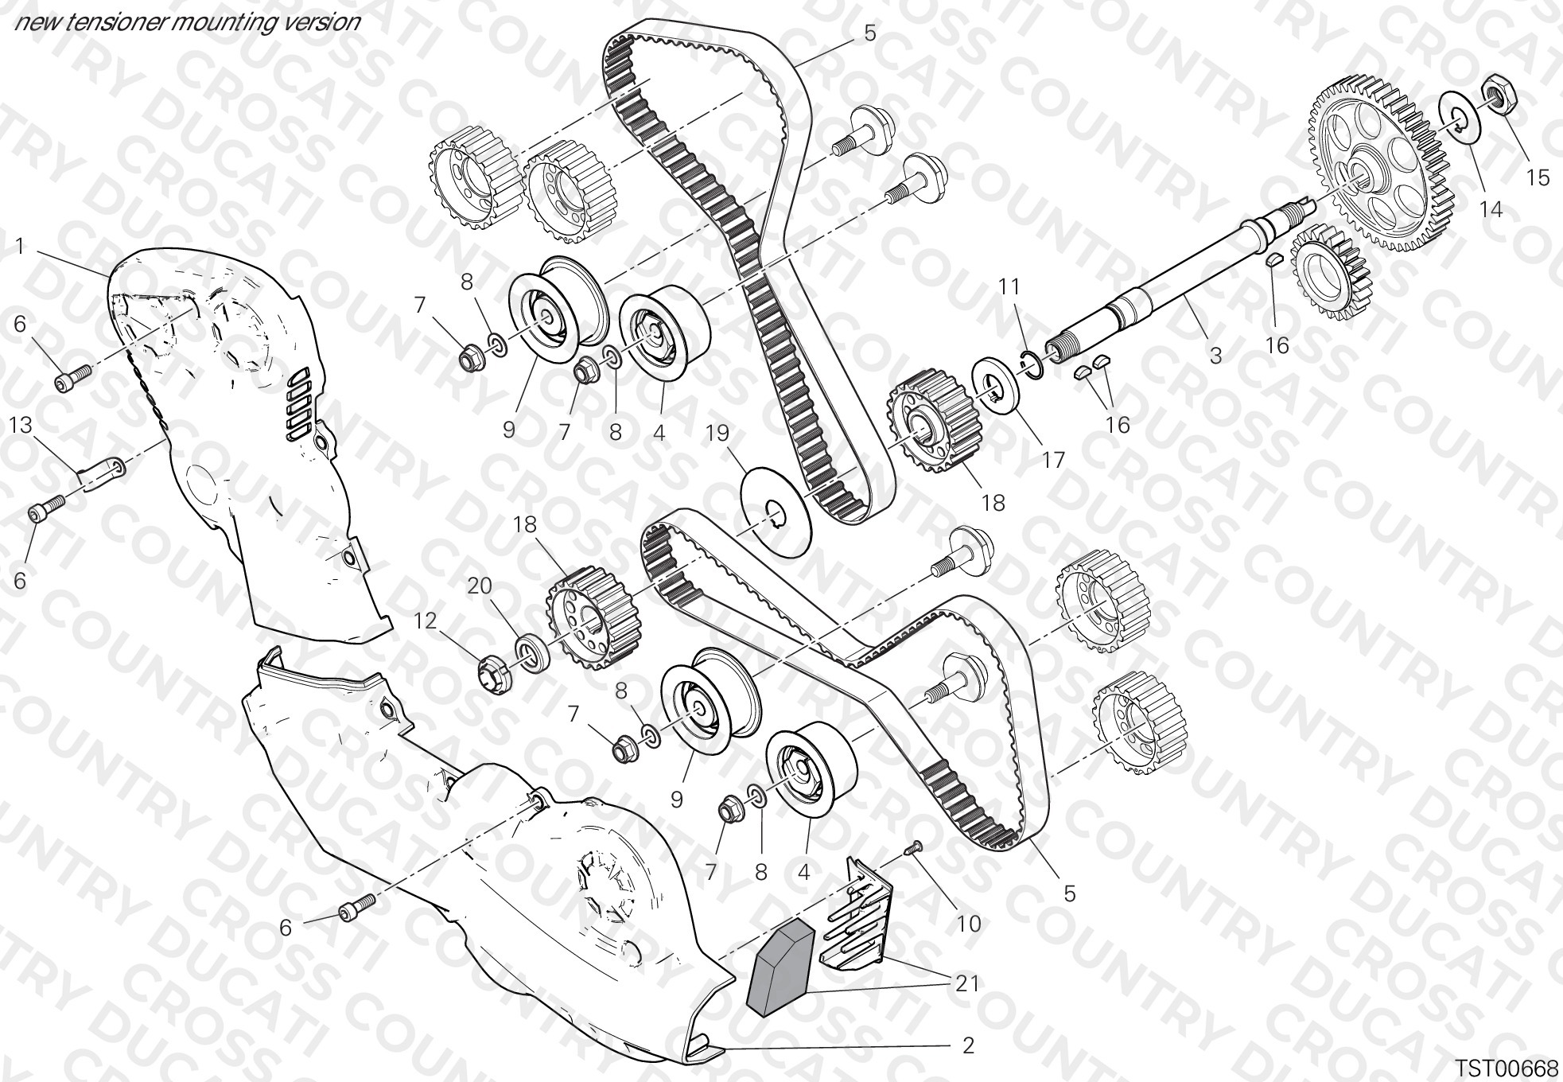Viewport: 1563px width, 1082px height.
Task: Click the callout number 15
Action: click(x=1538, y=177)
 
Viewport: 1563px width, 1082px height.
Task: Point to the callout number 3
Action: click(x=1215, y=355)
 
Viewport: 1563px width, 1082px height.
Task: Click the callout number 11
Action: click(x=1009, y=286)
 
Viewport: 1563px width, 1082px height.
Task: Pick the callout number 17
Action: click(x=1052, y=460)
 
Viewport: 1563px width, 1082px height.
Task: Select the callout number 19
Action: click(x=717, y=433)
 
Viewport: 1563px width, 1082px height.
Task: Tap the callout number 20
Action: click(x=480, y=586)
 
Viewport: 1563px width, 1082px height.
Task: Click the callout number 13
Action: click(x=21, y=425)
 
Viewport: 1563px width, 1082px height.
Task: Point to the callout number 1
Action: click(x=20, y=247)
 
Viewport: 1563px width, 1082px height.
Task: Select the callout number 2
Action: click(x=968, y=1045)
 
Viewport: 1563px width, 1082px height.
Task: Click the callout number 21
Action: click(x=967, y=983)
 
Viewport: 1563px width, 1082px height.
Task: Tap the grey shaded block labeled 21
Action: click(x=780, y=964)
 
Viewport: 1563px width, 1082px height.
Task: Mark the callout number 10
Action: click(x=969, y=923)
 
